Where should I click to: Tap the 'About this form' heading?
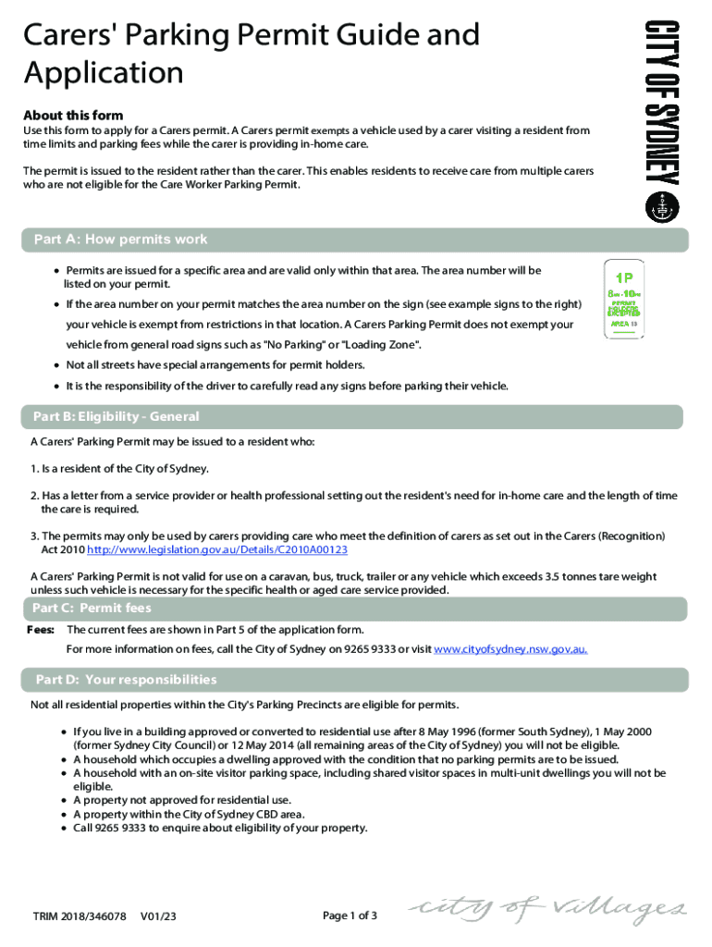(x=73, y=116)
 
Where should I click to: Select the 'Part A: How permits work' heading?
(x=121, y=240)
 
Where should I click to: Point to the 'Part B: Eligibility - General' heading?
(x=117, y=417)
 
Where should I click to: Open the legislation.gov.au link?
(x=217, y=549)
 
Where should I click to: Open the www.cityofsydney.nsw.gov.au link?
(x=510, y=648)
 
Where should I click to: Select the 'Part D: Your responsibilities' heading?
(x=126, y=680)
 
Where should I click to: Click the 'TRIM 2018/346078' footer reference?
(x=80, y=916)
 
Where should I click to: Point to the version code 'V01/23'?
(x=158, y=916)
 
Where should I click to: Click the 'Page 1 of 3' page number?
(x=350, y=916)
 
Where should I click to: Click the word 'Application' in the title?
(x=104, y=72)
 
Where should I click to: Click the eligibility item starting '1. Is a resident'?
(x=119, y=469)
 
